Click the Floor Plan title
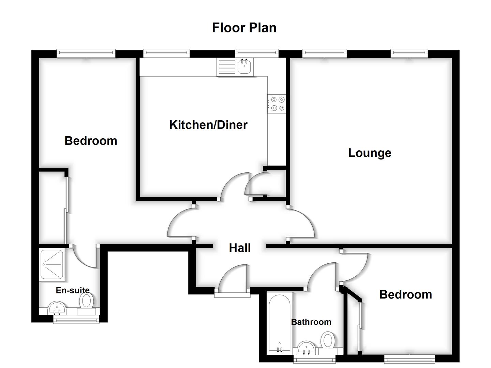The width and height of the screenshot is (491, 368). (x=244, y=28)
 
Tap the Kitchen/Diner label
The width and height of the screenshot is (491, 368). (x=208, y=125)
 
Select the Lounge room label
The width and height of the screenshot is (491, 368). (x=370, y=153)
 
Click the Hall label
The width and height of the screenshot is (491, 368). (x=240, y=248)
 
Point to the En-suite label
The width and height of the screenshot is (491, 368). (x=73, y=290)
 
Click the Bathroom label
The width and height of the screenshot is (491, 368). (x=311, y=322)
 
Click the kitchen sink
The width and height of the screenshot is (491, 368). (x=244, y=66)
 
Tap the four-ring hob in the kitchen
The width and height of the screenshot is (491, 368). (x=277, y=104)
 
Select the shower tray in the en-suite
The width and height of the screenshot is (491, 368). (x=51, y=265)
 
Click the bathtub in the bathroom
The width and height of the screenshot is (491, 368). (x=279, y=322)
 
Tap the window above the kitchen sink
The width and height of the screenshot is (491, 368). (x=256, y=53)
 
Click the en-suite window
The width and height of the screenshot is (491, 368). (x=76, y=319)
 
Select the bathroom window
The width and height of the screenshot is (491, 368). (x=314, y=359)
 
